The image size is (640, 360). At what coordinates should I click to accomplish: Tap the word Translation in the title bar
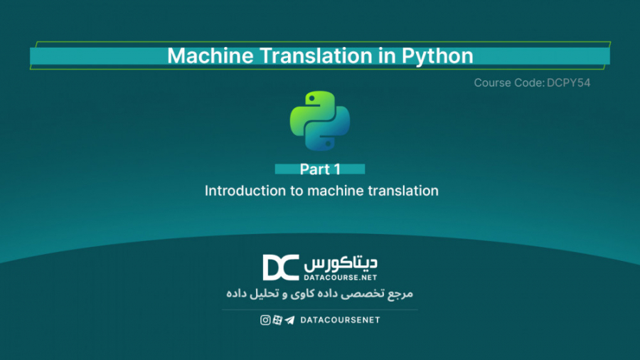coord(306,55)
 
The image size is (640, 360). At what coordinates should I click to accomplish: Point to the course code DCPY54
coord(569,83)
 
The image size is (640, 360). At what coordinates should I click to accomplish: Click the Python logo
coord(320,120)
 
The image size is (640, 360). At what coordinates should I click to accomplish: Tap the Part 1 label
coord(320,169)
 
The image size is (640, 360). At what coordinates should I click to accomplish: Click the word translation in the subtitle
coord(403,191)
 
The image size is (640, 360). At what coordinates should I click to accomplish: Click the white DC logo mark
coord(280,267)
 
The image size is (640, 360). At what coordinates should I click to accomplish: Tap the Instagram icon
coord(265,320)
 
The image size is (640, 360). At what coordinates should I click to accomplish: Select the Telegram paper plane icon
coord(289,320)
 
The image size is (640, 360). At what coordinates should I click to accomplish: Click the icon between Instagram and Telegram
coord(277,320)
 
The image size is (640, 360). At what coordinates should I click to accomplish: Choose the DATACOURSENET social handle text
coord(340,320)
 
